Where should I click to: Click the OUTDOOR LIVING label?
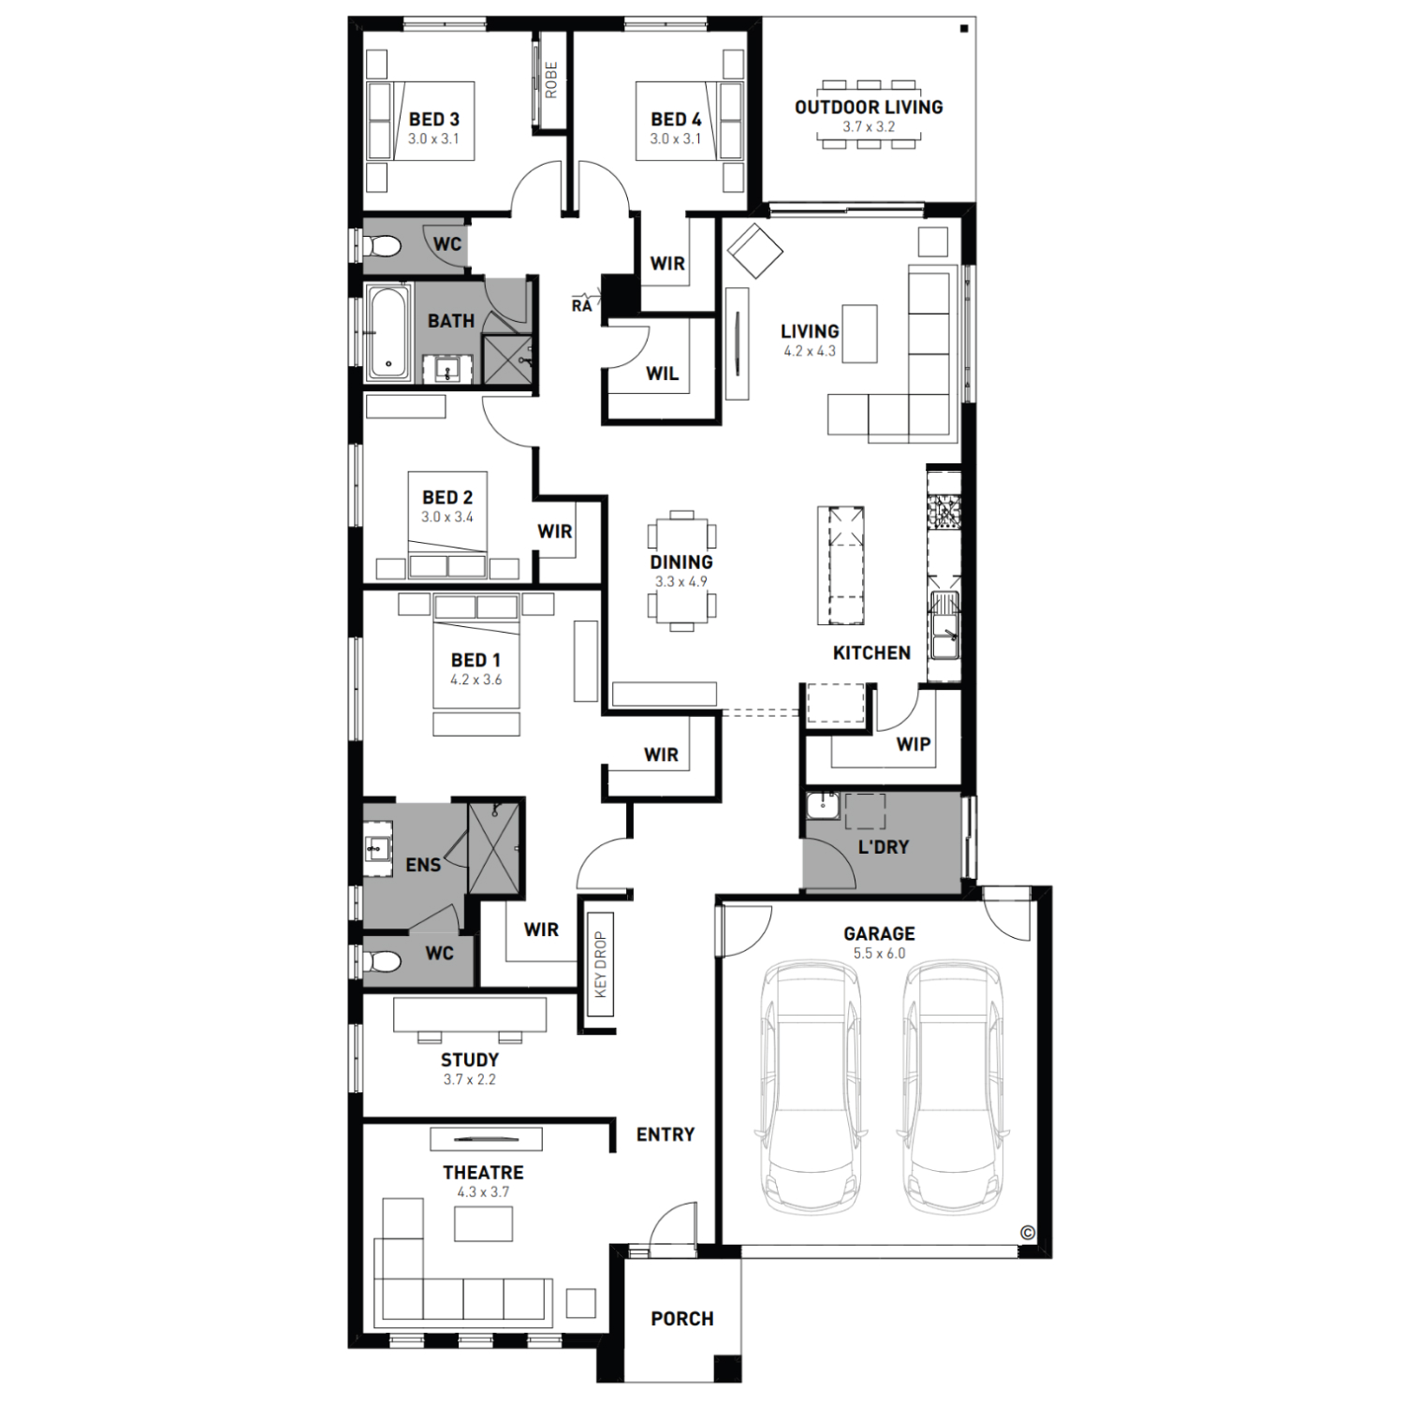[869, 107]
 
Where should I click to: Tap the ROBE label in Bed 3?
[551, 80]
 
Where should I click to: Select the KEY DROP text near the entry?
[601, 965]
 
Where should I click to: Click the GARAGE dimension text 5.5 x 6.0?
[879, 954]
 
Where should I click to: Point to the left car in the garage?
[811, 1088]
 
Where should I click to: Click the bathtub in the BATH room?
[388, 333]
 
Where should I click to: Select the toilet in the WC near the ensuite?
[384, 961]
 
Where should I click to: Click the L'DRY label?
[883, 847]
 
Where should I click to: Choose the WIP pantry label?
[913, 744]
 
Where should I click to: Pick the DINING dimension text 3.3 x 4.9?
[681, 581]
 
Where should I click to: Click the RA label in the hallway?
[582, 305]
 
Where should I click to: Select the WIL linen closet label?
[662, 374]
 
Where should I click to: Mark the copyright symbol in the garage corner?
[1027, 1233]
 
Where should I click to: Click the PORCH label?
[682, 1319]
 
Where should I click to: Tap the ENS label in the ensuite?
[423, 866]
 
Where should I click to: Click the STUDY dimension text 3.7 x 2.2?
[470, 1079]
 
